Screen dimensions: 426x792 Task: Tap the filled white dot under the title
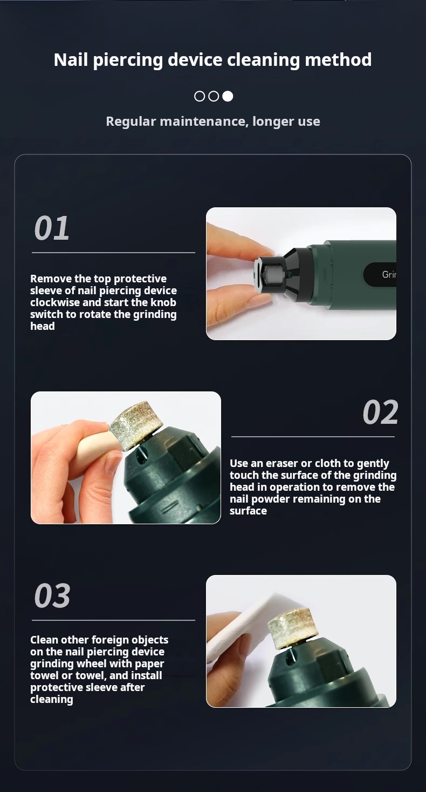[x=228, y=96]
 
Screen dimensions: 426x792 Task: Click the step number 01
[x=52, y=228]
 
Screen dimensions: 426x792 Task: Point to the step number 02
[x=380, y=412]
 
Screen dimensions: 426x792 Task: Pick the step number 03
[x=52, y=596]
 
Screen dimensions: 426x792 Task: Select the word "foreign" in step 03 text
[x=102, y=640]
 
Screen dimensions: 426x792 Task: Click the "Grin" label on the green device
[x=389, y=274]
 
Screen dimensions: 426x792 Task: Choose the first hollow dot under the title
[x=200, y=96]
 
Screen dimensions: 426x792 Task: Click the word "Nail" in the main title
[x=71, y=60]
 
